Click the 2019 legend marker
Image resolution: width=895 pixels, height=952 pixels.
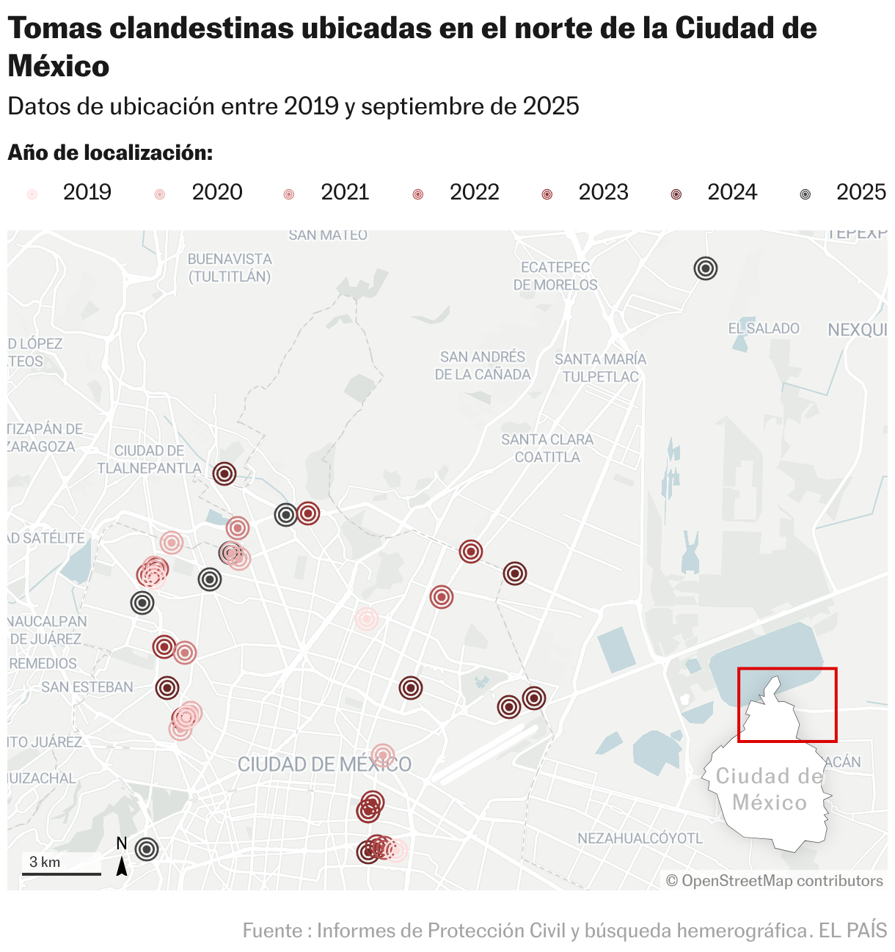(32, 194)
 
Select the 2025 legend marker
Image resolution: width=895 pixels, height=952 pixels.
(805, 194)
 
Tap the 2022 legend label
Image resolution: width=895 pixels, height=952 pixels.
(474, 192)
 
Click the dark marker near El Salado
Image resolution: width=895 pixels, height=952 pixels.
(705, 268)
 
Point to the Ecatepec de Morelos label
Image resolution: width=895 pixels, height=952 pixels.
(555, 276)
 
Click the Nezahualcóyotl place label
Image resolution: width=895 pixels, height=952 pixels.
(640, 838)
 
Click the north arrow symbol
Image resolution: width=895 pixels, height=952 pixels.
(122, 865)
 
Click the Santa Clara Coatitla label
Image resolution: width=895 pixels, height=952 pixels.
(547, 448)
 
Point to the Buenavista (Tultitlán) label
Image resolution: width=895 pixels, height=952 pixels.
(230, 268)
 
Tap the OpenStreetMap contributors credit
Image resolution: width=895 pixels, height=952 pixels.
(775, 880)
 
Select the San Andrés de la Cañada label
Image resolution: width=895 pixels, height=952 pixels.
(482, 365)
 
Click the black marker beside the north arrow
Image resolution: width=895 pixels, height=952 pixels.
(147, 849)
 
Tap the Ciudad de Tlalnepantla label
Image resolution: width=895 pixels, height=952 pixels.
(149, 459)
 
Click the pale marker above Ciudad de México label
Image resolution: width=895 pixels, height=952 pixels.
(382, 755)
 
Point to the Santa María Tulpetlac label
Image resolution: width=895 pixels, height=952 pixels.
(600, 367)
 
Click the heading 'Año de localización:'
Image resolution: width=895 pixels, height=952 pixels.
(110, 153)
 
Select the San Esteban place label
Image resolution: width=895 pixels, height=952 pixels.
(87, 687)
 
